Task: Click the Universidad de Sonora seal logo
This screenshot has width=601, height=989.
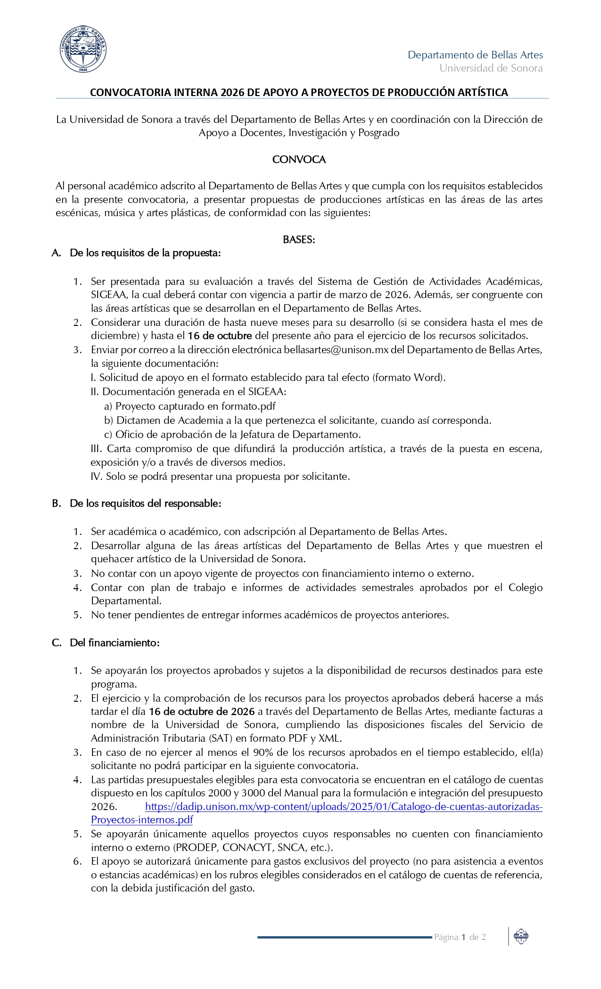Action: [x=83, y=49]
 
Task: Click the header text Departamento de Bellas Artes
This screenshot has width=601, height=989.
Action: [x=475, y=55]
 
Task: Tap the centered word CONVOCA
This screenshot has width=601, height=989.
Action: [x=299, y=160]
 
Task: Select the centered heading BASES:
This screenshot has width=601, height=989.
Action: [x=299, y=240]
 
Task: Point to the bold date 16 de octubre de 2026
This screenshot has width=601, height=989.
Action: [x=202, y=712]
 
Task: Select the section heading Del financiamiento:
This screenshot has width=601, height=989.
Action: [x=115, y=643]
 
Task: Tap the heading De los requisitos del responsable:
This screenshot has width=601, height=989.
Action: [x=145, y=503]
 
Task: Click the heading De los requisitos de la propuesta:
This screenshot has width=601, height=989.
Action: [x=145, y=253]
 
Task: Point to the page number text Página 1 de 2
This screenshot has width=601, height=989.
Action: [x=460, y=937]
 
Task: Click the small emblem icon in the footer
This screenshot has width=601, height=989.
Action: [x=521, y=937]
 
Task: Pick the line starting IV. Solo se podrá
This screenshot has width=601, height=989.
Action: [x=220, y=477]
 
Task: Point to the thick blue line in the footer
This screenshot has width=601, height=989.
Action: [x=344, y=937]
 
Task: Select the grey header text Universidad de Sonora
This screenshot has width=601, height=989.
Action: [x=491, y=68]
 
